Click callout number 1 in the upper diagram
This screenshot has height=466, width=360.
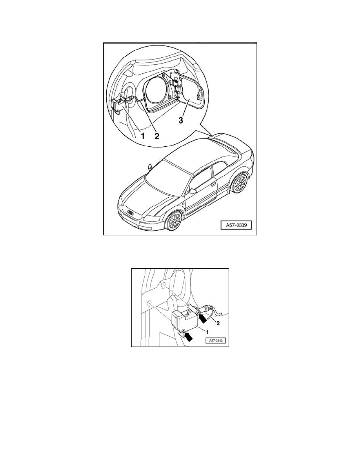[x=143, y=136]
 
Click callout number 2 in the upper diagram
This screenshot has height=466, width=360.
[x=157, y=136]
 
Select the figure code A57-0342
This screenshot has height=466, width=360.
[x=215, y=341]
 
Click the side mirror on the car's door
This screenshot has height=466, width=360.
[x=192, y=191]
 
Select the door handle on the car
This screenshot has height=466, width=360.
[x=213, y=183]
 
